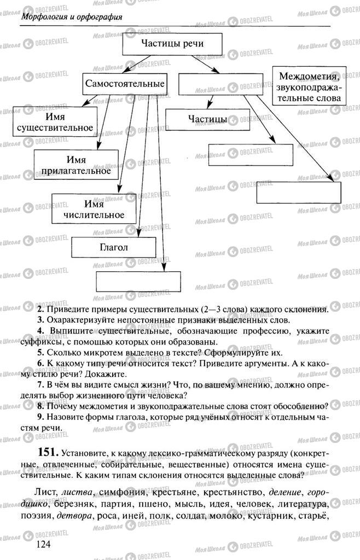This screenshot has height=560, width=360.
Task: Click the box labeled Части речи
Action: click(x=172, y=44)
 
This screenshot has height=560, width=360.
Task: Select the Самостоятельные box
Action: click(x=125, y=85)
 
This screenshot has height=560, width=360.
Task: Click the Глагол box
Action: click(x=113, y=247)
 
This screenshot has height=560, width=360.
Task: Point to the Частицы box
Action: click(x=207, y=119)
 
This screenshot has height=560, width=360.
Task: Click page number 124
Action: click(x=43, y=544)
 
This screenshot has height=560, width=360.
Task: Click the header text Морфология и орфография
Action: click(x=71, y=17)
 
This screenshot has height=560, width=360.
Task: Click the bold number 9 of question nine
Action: click(x=40, y=417)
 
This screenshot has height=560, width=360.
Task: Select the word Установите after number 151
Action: click(x=85, y=453)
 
